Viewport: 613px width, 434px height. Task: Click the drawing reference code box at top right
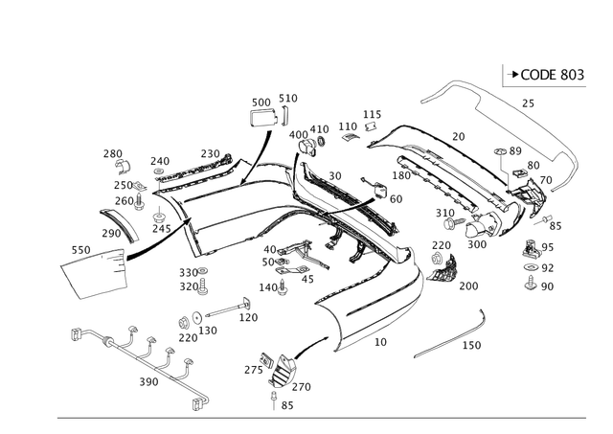coord(540,73)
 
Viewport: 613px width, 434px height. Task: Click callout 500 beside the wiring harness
coord(146,382)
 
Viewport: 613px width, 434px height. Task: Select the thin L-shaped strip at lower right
coord(451,334)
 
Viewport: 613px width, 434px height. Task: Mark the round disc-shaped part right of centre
coord(444,267)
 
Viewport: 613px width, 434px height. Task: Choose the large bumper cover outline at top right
coord(498,125)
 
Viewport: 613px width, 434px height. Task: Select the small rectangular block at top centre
coord(261,118)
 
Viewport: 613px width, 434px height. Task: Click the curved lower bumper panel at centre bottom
coord(374,307)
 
